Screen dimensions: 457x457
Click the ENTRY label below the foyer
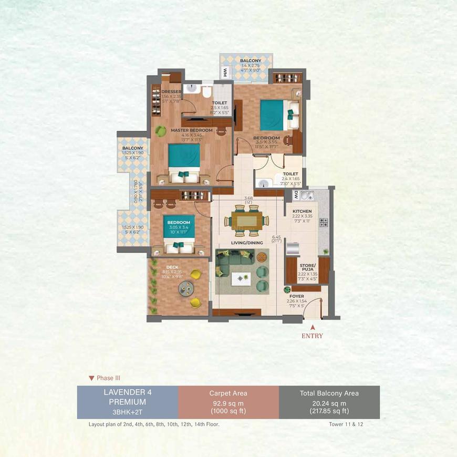tap(312, 336)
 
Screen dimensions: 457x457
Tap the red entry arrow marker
tap(313, 327)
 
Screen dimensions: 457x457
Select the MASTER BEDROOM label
tap(191, 130)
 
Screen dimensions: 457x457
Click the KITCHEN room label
tap(302, 211)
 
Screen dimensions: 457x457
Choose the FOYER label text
tap(296, 296)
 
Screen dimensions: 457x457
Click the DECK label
tap(172, 267)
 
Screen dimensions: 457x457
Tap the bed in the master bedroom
tap(184, 161)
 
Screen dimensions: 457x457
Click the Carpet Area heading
tap(228, 393)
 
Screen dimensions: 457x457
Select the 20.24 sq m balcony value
tap(329, 403)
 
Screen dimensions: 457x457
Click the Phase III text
tap(105, 377)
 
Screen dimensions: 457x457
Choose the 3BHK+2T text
tap(127, 412)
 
